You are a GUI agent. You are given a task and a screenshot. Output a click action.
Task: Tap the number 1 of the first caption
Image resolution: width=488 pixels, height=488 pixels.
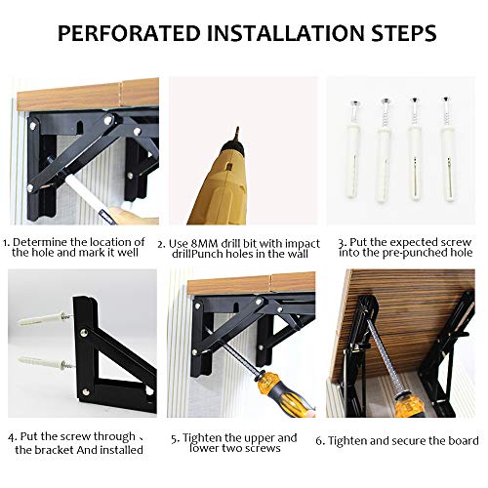coord(6,242)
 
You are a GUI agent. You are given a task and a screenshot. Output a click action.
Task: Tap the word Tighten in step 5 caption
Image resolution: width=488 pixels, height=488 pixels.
coord(209,437)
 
